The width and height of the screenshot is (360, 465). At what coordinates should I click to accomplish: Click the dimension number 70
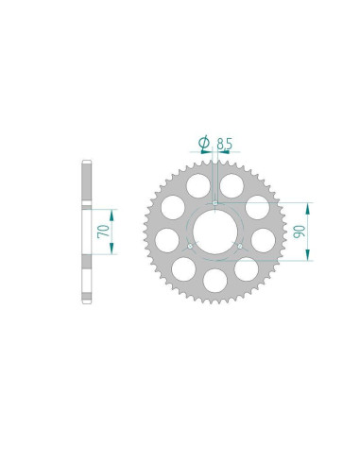coord(104,232)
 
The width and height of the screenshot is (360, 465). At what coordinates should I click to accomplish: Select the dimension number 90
coord(300,232)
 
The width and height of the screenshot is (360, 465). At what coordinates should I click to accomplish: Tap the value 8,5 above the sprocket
coord(225,144)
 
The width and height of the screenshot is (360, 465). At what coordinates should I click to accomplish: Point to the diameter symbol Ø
coord(204,142)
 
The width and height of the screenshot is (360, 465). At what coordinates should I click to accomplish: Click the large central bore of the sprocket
coord(215,232)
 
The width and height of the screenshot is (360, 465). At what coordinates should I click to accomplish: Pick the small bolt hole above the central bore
coord(215,203)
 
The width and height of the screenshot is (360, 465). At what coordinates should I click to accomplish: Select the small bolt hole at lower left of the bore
coord(190,247)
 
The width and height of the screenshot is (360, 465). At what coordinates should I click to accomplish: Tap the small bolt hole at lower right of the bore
coord(240,247)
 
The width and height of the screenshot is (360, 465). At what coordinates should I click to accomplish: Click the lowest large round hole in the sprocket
coord(215,281)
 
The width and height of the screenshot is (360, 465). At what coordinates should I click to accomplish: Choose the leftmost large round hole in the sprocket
coord(167,240)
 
